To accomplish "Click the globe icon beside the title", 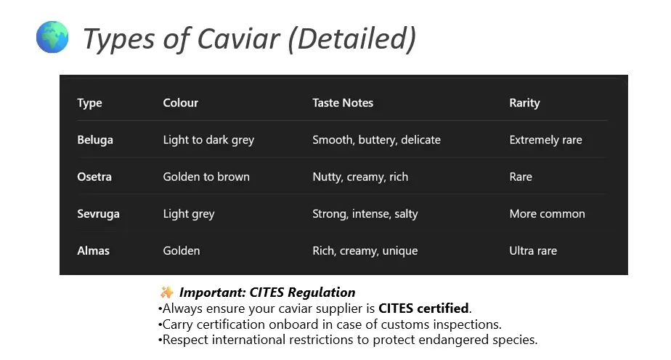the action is (x=52, y=37).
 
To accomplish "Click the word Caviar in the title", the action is (x=238, y=38).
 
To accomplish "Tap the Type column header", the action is (x=89, y=103).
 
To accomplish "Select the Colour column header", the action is (x=181, y=102).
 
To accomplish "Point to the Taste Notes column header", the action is (x=343, y=102).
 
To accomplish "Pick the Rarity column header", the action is (x=524, y=103).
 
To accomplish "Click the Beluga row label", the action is (x=95, y=140).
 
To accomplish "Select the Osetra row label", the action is (x=94, y=176).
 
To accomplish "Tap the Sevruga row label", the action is (x=99, y=214).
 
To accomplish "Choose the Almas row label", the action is (x=93, y=250).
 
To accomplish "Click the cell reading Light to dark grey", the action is (x=209, y=140).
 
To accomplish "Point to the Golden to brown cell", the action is (x=206, y=176).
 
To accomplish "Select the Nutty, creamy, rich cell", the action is (x=360, y=177).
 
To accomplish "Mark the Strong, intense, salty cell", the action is (x=365, y=214).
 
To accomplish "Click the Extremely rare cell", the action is (x=545, y=140).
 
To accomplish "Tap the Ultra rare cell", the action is (x=533, y=250).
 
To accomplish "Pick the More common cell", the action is (x=548, y=214).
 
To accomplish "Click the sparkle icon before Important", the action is (x=166, y=292).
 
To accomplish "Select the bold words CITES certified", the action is (x=423, y=308).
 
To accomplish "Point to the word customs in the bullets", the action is (x=405, y=324).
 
